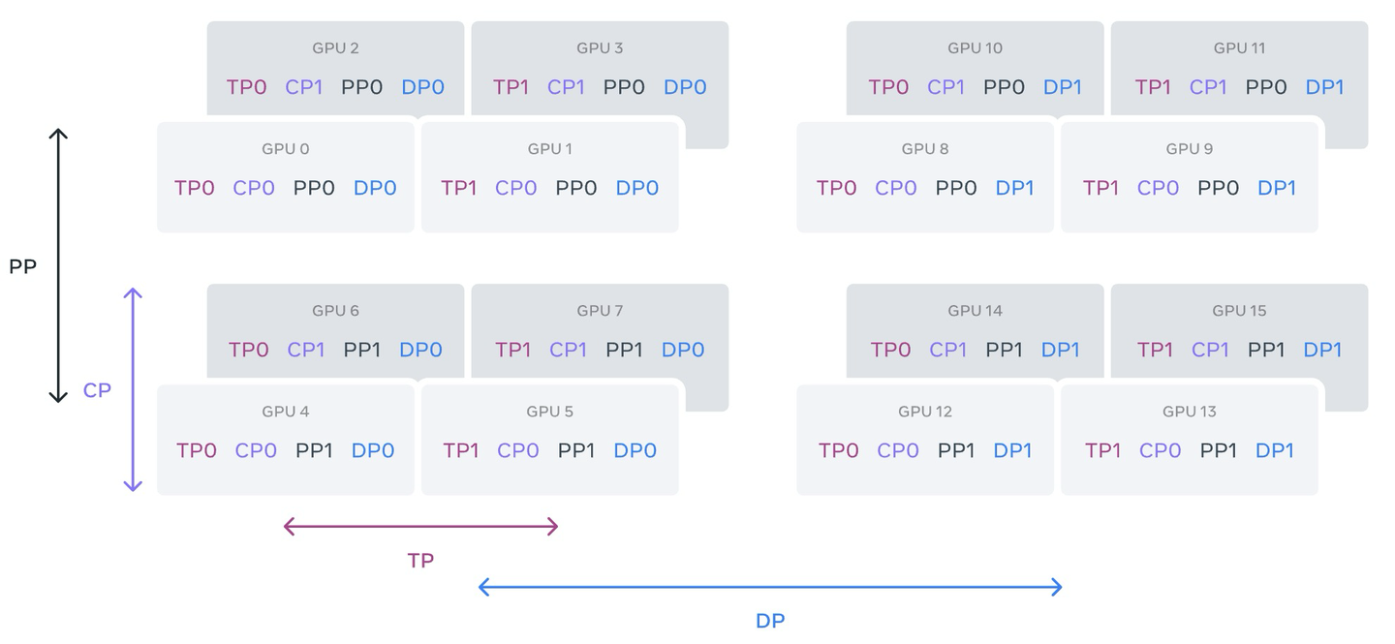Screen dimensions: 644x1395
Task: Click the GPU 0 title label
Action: click(286, 149)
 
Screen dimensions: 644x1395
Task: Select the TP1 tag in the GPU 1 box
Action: click(459, 188)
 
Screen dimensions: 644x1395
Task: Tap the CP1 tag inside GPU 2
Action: click(304, 87)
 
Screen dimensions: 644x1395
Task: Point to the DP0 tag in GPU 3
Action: click(685, 87)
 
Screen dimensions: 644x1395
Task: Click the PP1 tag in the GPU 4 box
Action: click(315, 450)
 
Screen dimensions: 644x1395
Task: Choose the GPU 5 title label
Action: click(549, 412)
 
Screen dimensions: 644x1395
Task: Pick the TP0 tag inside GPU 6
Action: click(249, 350)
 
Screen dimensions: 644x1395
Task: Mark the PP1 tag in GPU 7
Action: click(624, 350)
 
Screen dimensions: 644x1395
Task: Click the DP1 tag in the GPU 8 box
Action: click(1015, 188)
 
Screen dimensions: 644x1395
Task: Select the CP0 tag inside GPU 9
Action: click(1158, 188)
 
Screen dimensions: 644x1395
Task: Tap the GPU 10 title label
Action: click(975, 48)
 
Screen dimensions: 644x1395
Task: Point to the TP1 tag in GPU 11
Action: click(1153, 87)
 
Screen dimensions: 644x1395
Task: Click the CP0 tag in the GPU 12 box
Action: click(898, 450)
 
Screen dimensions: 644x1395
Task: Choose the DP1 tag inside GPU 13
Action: click(1275, 450)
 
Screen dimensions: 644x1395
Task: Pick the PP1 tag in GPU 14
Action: click(1004, 350)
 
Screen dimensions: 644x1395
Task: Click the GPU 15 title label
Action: click(1239, 311)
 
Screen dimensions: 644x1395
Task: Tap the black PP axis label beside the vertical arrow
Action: click(22, 266)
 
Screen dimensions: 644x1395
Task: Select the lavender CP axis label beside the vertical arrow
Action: click(97, 390)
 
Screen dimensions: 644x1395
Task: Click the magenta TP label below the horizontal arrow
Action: click(420, 561)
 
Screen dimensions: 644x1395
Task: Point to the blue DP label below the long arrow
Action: click(770, 621)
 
